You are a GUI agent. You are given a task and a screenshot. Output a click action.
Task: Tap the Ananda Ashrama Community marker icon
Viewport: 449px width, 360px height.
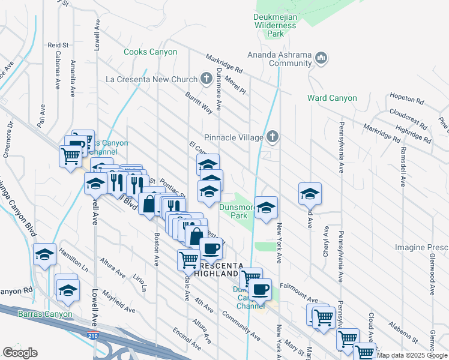(x=321, y=58)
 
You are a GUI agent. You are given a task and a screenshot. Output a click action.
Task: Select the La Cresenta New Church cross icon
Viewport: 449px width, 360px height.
(x=206, y=79)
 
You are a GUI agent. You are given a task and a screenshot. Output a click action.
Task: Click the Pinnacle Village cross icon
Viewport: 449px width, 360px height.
(x=273, y=137)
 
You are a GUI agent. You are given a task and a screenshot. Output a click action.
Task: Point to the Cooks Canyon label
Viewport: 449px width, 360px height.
(x=150, y=52)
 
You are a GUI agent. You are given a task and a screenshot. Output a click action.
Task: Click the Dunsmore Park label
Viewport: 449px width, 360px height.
(x=233, y=211)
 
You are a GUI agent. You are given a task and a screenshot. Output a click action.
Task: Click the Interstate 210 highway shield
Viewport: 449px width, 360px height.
(x=92, y=336)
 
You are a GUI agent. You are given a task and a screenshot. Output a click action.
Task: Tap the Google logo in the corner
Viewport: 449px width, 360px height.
(x=20, y=353)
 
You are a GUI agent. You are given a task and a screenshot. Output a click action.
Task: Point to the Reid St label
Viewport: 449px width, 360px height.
(x=58, y=45)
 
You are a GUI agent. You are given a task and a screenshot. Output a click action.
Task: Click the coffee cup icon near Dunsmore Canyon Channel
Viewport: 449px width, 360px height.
(x=260, y=289)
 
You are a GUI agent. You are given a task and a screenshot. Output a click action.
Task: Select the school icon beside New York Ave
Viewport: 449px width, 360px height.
(x=266, y=208)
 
